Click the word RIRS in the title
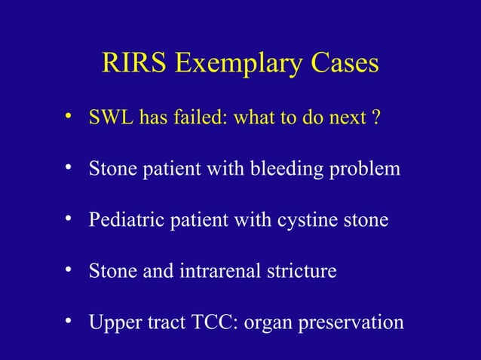135,65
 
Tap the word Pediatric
121,221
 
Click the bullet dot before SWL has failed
68,117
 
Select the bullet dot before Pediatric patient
68,219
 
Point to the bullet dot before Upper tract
68,321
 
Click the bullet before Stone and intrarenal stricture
68,270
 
